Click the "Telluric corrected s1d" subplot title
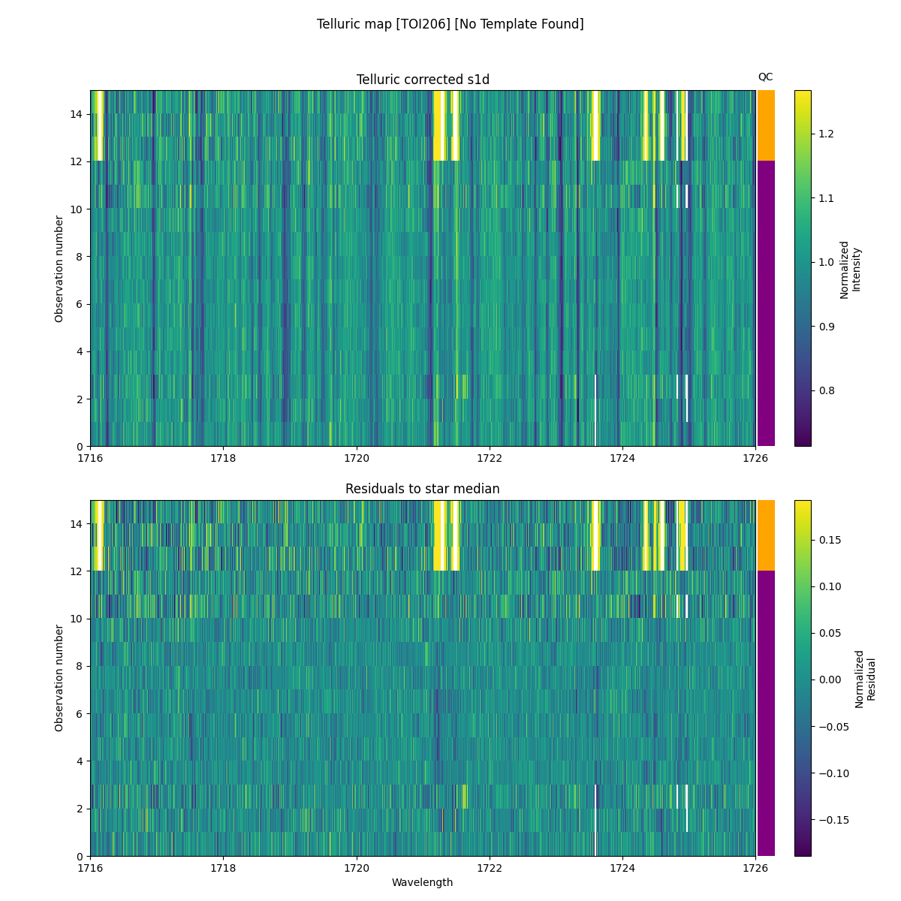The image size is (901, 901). tap(423, 80)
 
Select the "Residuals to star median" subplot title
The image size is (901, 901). tap(423, 489)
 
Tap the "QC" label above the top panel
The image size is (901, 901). tap(765, 77)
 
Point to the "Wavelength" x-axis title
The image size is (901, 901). tap(423, 882)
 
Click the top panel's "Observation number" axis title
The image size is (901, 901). tap(59, 269)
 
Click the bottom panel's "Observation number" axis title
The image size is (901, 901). tap(59, 678)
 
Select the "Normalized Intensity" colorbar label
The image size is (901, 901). tap(850, 269)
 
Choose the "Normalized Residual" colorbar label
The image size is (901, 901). tap(866, 678)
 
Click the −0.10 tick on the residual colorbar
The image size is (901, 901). tap(833, 773)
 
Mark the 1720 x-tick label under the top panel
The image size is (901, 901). tap(357, 458)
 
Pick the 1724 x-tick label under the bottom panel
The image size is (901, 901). tap(622, 867)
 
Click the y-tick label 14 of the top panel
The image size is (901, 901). tap(77, 114)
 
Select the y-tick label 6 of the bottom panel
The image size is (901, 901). tap(80, 713)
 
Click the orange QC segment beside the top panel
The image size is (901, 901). tap(766, 125)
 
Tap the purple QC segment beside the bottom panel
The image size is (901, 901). tap(766, 713)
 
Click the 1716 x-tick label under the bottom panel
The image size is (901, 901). tap(90, 867)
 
